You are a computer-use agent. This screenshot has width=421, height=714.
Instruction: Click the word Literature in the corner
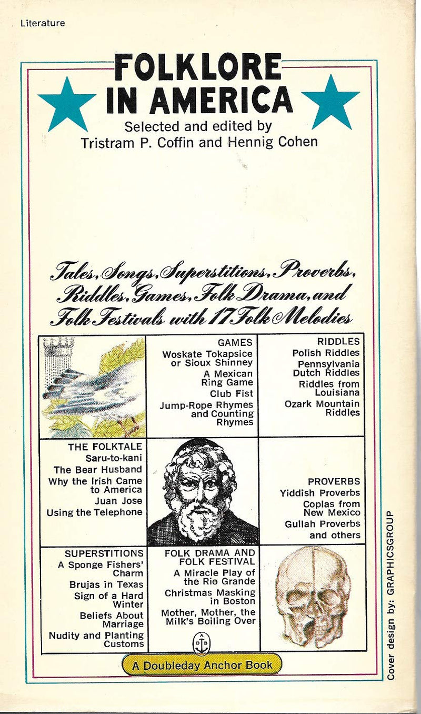coord(43,23)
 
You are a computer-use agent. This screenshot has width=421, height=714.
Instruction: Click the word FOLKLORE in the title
coord(198,67)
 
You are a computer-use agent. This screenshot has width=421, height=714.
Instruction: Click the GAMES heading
coord(235,343)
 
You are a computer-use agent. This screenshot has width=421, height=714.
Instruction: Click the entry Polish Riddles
coord(326,353)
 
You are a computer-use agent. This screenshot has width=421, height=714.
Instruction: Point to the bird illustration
coord(94,387)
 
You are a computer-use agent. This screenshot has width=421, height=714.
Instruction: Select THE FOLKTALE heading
coord(105,447)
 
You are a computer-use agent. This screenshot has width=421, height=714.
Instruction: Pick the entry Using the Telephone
coord(94,512)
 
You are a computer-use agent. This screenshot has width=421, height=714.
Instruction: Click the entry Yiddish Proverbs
coord(320,493)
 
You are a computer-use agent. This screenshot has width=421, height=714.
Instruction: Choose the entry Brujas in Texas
coord(106,584)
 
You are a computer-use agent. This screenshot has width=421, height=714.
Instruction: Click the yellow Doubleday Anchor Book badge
coord(202,665)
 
